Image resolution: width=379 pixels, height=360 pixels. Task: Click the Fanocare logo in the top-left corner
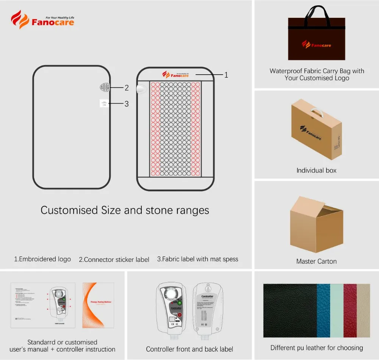pos(42,20)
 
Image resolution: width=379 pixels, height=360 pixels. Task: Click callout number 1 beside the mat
pos(226,75)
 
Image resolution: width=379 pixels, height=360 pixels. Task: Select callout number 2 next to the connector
pos(127,88)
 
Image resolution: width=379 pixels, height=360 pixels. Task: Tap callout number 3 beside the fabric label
pos(127,103)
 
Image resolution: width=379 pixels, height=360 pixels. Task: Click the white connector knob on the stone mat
pos(141,89)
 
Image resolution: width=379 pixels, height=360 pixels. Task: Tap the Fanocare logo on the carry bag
pos(316,45)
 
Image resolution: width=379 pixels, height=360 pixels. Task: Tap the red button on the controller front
pos(180,315)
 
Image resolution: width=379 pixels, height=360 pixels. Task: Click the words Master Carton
pos(316,261)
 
